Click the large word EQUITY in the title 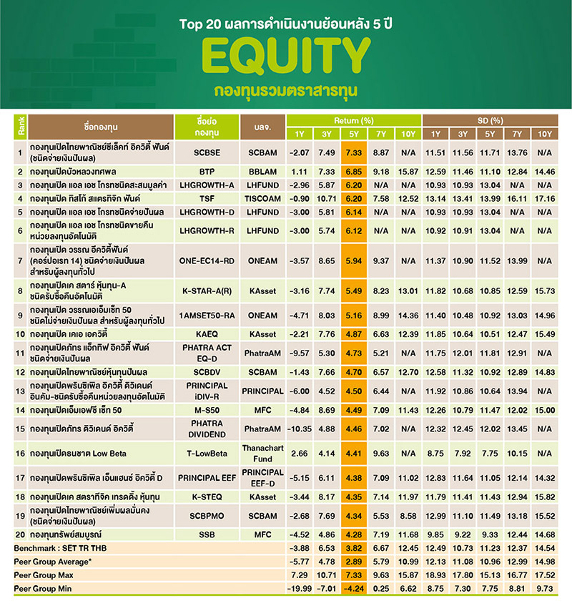click(286, 59)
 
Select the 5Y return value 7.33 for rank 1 click(355, 152)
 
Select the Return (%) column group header click(354, 120)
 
